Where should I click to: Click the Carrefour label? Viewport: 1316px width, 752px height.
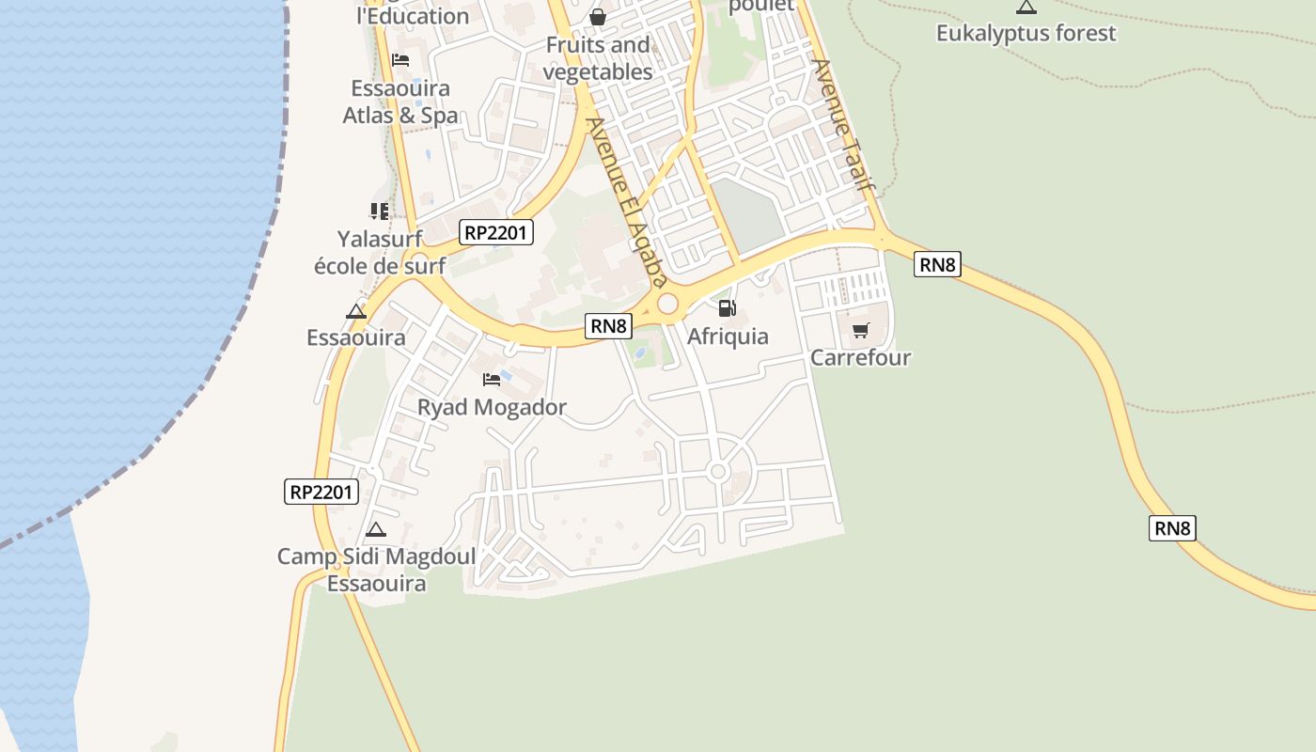pos(860,357)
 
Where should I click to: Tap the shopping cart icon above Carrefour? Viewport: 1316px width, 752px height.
pos(860,330)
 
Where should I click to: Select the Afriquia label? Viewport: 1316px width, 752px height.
pos(728,336)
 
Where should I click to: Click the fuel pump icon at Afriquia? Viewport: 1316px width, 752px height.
pos(727,307)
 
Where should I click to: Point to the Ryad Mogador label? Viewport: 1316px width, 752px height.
pos(492,407)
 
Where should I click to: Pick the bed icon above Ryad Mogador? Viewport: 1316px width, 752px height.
pos(492,380)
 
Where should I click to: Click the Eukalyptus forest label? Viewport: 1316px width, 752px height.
pos(1026,33)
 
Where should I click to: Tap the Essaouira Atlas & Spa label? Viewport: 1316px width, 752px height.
pos(400,102)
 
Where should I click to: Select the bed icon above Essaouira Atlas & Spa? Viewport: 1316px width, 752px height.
pos(400,60)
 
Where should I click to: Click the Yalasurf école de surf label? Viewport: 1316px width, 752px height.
pos(380,252)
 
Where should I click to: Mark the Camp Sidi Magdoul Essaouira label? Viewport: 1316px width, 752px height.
pos(376,570)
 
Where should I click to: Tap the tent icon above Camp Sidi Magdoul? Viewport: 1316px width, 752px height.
pos(376,529)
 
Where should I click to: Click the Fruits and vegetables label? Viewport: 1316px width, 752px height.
pos(598,58)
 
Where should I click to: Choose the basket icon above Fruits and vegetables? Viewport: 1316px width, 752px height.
pos(597,17)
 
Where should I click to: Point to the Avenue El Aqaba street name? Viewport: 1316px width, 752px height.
pos(626,201)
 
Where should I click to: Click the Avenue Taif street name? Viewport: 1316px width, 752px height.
pos(843,125)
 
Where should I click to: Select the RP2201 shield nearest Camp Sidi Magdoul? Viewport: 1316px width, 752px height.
pos(321,491)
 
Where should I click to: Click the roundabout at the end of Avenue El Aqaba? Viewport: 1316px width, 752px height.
pos(667,304)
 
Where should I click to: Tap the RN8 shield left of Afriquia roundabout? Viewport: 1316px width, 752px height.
pos(608,326)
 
